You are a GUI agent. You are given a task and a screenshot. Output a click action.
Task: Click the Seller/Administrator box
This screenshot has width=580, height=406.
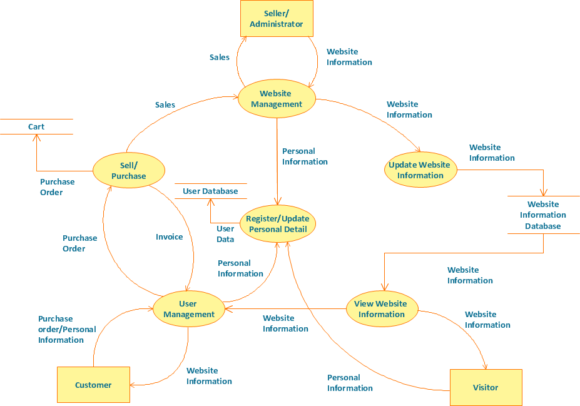click(x=277, y=18)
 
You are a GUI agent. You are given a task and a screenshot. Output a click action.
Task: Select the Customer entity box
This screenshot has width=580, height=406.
click(x=93, y=385)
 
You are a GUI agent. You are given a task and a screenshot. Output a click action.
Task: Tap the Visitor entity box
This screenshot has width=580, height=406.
click(x=486, y=387)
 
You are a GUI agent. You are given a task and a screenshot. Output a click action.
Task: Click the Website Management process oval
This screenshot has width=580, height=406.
click(x=277, y=99)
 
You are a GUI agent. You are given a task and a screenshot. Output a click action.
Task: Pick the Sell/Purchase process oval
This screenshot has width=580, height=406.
click(x=128, y=171)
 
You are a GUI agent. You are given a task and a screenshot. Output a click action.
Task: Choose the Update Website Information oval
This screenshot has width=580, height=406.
click(x=420, y=170)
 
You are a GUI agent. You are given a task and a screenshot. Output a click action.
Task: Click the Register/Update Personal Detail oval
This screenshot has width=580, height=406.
click(x=278, y=223)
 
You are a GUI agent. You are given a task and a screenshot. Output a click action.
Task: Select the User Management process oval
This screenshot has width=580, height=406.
click(x=188, y=309)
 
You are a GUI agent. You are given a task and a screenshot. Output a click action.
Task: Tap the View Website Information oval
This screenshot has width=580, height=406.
click(x=382, y=309)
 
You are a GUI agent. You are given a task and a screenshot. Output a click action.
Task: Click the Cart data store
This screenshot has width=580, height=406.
click(x=36, y=127)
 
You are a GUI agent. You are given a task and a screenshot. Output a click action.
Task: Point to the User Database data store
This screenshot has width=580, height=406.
click(x=210, y=191)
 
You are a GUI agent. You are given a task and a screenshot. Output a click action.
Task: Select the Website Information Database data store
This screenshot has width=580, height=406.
click(x=543, y=215)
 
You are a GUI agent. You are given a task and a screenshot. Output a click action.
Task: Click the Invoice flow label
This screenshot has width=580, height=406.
click(x=170, y=237)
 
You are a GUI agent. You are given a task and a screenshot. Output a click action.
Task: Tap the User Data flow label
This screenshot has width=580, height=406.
click(x=225, y=234)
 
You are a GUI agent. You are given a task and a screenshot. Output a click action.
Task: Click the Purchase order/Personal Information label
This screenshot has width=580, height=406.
click(x=67, y=329)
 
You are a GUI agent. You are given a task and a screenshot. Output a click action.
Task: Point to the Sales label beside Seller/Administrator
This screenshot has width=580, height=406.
click(x=220, y=57)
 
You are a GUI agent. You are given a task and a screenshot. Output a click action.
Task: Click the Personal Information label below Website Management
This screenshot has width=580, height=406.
click(x=305, y=156)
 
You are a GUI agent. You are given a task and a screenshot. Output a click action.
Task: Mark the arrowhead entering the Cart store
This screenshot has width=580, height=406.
click(x=36, y=138)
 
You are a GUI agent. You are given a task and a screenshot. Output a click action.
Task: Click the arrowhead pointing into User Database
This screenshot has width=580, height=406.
click(x=210, y=202)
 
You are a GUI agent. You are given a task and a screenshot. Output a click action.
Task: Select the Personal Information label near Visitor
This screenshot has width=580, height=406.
click(x=350, y=383)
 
